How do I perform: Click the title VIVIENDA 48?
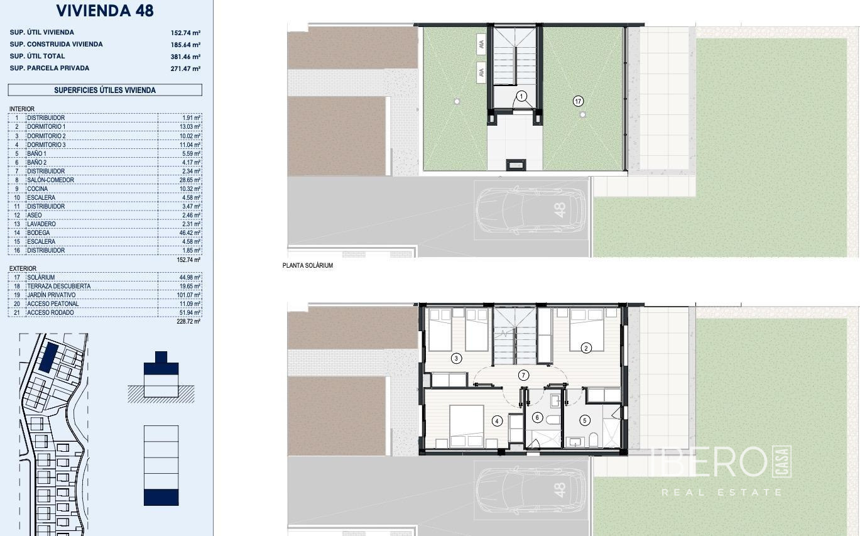105,11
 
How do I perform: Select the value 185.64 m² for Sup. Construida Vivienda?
185,45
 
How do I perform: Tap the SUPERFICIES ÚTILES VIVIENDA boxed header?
105,90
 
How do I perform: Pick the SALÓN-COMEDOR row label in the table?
50,180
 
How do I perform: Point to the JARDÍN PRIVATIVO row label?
51,295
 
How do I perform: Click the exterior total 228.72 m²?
188,322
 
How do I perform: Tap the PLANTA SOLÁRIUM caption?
308,266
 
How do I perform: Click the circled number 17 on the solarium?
578,101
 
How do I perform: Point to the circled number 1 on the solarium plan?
521,96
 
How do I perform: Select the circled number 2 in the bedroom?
586,348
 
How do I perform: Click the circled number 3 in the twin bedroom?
456,359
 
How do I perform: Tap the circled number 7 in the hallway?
523,375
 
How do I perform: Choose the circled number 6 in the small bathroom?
537,417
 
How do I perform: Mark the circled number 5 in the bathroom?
584,420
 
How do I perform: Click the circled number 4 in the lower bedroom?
497,421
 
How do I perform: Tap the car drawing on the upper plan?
531,211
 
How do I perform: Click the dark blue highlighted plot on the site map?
49,358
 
